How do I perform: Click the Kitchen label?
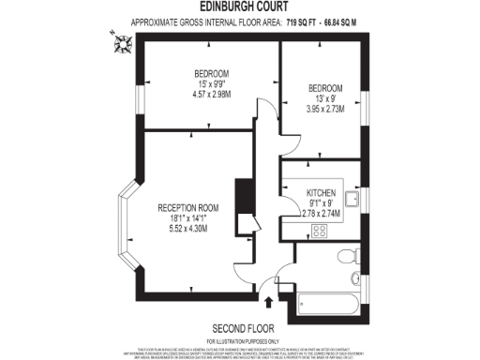click(321, 192)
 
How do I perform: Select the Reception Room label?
click(187, 207)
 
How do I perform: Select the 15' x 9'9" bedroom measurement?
click(211, 83)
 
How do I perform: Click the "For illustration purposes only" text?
click(241, 338)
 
